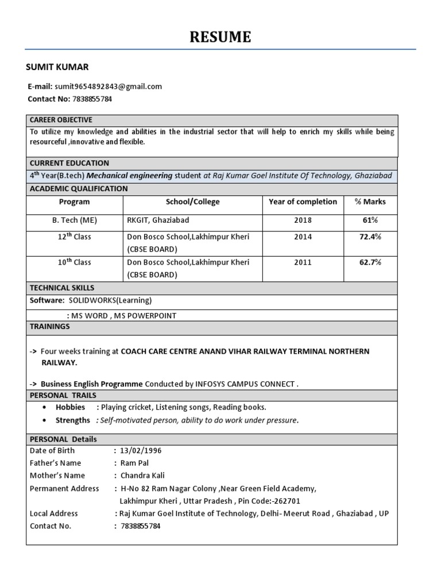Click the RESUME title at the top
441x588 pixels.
220,37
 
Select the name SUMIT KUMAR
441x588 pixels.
57,67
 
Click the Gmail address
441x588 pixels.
109,87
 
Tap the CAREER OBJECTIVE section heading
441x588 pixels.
61,119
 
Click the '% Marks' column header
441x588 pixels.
370,202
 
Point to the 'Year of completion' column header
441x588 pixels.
303,202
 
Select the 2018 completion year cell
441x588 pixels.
303,220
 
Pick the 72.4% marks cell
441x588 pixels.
370,237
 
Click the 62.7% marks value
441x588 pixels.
370,262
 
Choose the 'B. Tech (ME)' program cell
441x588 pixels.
74,220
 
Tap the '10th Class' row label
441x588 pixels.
74,262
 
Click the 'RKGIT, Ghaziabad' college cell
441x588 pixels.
158,220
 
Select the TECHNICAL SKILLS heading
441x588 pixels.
62,288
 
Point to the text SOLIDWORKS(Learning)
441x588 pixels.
110,300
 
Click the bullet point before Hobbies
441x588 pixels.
45,407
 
